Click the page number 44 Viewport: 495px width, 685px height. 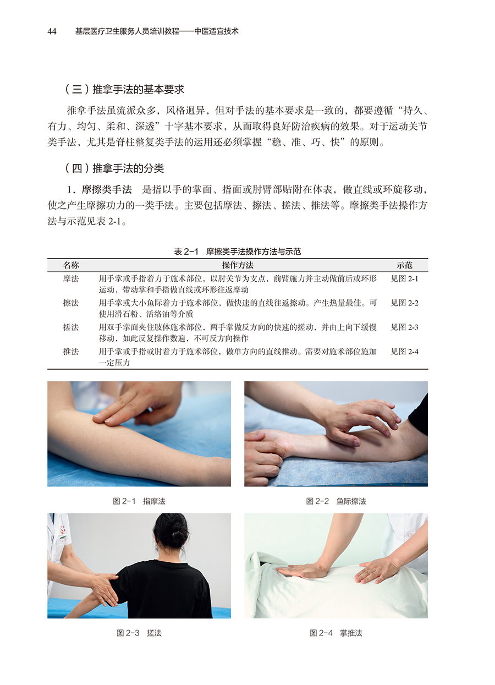[x=52, y=31]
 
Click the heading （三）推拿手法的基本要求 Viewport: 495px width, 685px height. [x=124, y=89]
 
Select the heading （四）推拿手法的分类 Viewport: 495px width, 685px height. [x=114, y=168]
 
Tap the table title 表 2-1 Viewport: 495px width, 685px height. [x=186, y=251]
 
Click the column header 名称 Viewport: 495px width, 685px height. [x=71, y=265]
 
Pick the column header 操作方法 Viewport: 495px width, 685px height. [x=238, y=265]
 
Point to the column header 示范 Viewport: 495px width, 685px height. [x=404, y=265]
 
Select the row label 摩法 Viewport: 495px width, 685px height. [x=71, y=278]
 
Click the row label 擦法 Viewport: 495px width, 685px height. [x=71, y=303]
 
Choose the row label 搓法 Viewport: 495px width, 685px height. [x=71, y=327]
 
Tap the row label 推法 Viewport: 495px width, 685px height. [x=71, y=352]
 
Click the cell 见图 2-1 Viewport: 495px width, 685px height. [x=404, y=278]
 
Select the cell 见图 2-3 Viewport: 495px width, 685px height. [x=404, y=327]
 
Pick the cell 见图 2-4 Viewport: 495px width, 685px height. [x=404, y=352]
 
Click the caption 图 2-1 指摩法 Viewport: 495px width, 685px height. [x=139, y=501]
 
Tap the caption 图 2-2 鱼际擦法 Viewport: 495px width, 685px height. [x=336, y=501]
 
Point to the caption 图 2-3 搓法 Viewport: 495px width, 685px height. [x=139, y=633]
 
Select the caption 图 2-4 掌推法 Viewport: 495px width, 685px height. [x=336, y=633]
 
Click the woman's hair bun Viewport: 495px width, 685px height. [x=178, y=535]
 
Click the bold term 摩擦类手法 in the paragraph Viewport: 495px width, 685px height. [x=107, y=190]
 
